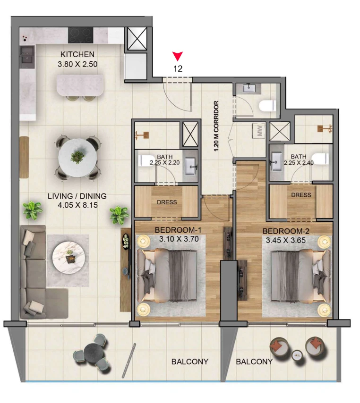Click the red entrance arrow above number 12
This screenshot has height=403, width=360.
[x=178, y=56]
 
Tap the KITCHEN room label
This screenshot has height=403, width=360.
[x=77, y=54]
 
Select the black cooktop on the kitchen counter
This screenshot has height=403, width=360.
[x=80, y=35]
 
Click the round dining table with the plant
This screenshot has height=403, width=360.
[x=77, y=158]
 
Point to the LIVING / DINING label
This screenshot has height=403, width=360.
[x=77, y=196]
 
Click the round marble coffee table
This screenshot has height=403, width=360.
[x=69, y=258]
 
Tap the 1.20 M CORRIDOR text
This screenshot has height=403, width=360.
[x=216, y=126]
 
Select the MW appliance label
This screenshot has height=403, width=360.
[x=260, y=130]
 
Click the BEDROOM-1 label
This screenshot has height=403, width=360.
[x=178, y=230]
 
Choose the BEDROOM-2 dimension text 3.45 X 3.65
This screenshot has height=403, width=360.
[x=286, y=240]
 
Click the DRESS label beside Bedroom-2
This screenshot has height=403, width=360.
[x=301, y=195]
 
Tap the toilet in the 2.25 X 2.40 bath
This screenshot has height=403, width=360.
[x=320, y=159]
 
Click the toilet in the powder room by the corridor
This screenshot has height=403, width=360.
[x=267, y=106]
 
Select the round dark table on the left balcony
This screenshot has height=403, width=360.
[x=94, y=353]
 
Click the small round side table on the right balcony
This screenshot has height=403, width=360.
[x=298, y=355]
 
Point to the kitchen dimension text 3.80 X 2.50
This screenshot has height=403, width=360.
[x=77, y=64]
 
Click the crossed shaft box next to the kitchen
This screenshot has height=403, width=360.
[x=137, y=39]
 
